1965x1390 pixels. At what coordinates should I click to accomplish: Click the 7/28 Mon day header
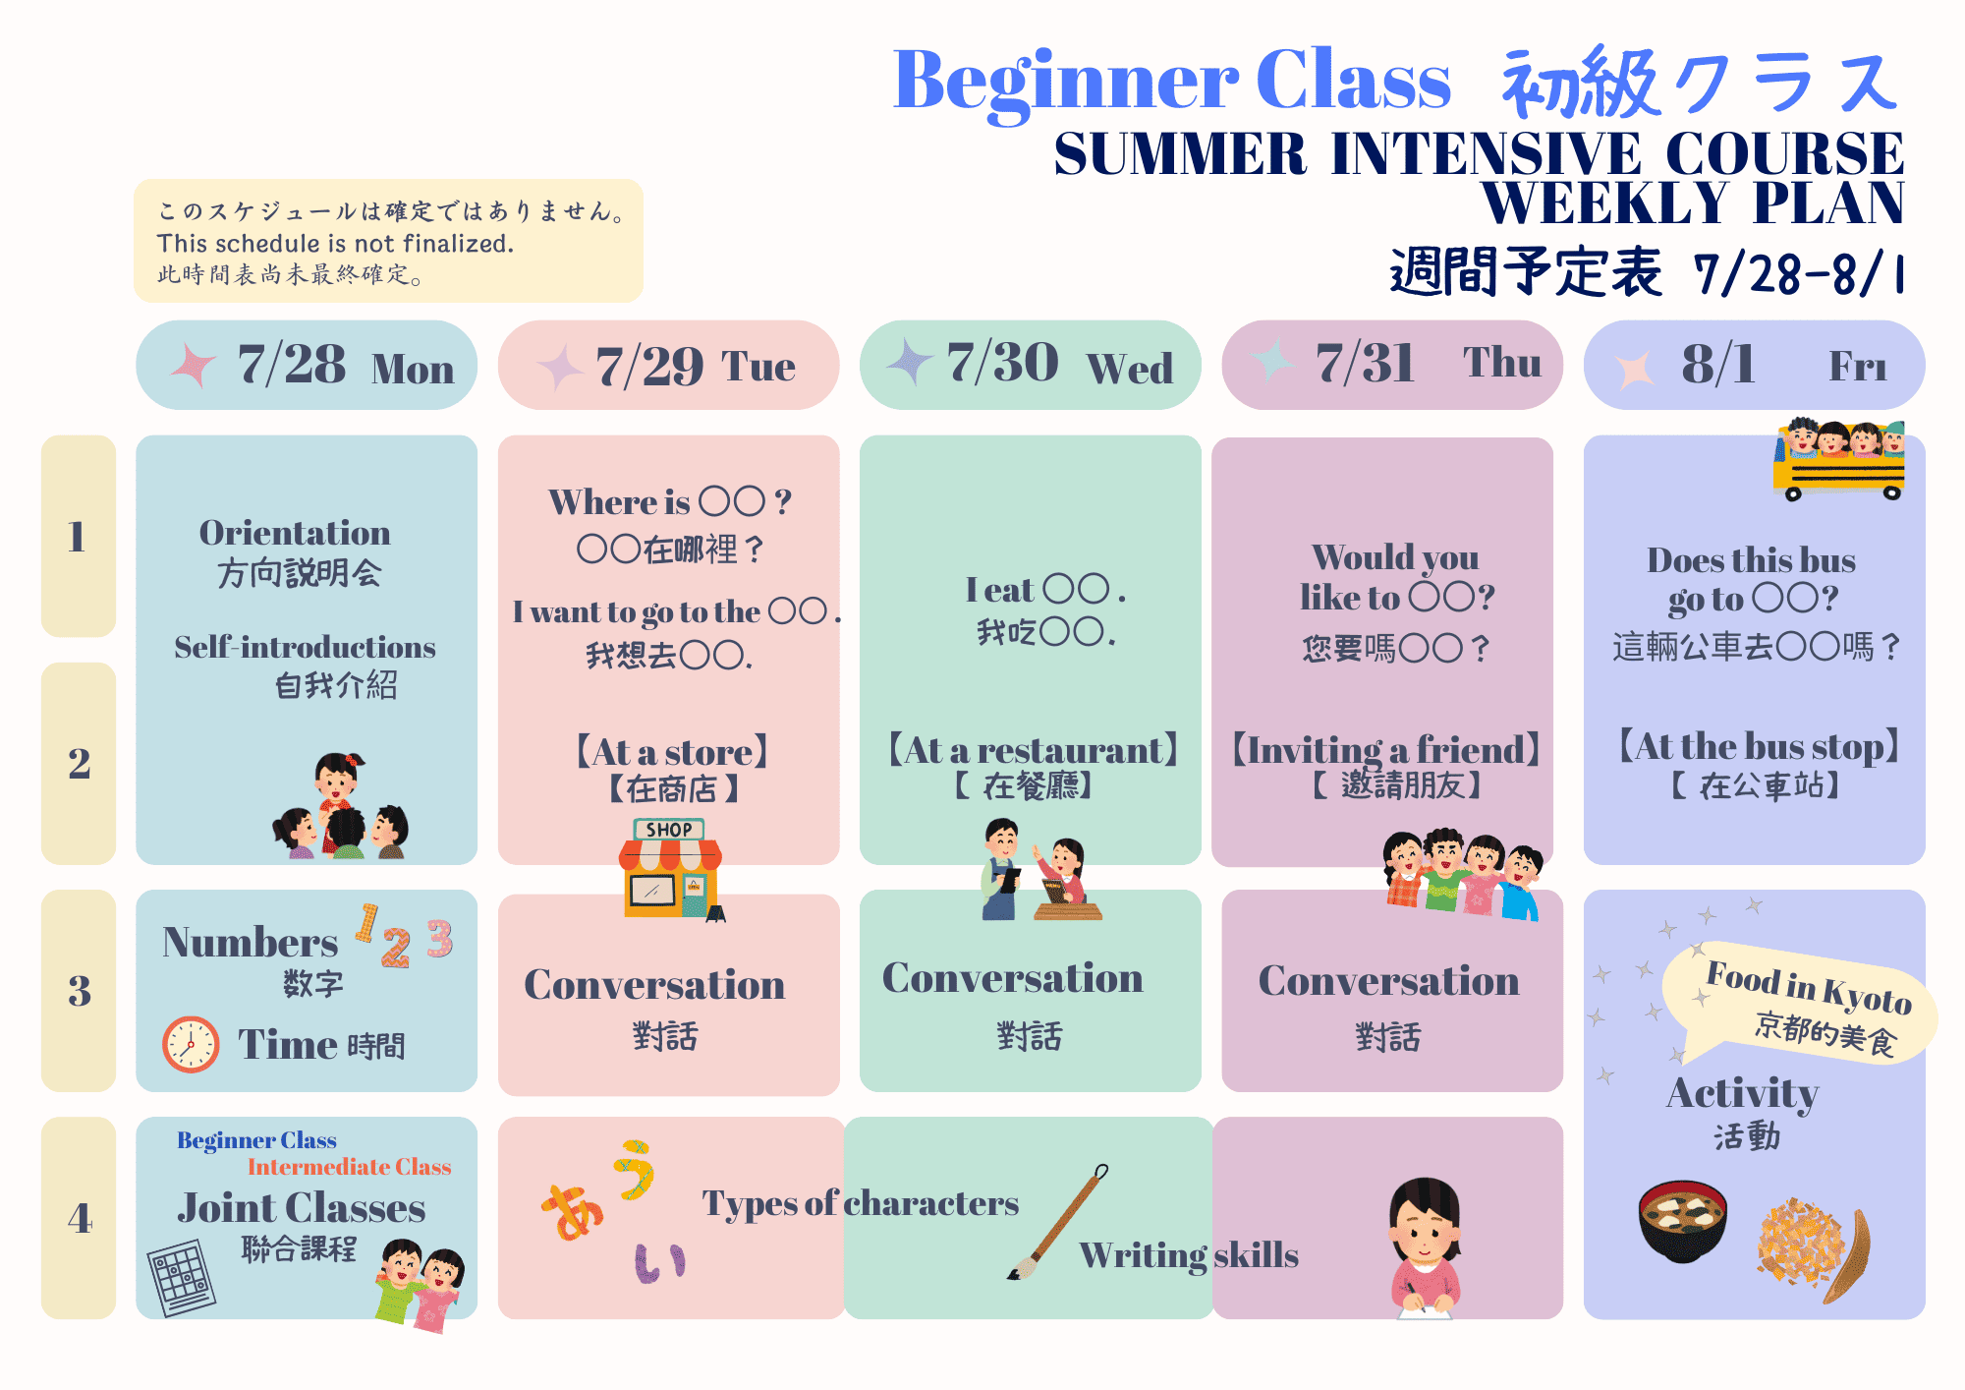pyautogui.click(x=307, y=365)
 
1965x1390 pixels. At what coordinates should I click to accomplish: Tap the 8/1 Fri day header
pyautogui.click(x=1754, y=365)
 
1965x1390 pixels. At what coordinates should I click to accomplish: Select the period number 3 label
pyautogui.click(x=79, y=991)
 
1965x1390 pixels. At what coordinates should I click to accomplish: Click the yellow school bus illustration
pyautogui.click(x=1839, y=460)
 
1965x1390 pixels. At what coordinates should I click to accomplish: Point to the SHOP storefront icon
pyautogui.click(x=671, y=869)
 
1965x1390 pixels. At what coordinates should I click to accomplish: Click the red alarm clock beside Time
pyautogui.click(x=191, y=1043)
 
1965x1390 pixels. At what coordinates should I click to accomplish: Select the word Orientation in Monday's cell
pyautogui.click(x=295, y=533)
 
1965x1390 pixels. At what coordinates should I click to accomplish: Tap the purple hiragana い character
pyautogui.click(x=659, y=1263)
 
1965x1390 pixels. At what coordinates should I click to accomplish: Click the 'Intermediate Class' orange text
pyautogui.click(x=349, y=1167)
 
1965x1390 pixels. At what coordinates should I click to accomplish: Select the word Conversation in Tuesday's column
pyautogui.click(x=654, y=985)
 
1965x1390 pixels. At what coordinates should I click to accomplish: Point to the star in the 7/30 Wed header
pyautogui.click(x=911, y=361)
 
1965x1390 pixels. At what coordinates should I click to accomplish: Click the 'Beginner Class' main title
pyautogui.click(x=1171, y=81)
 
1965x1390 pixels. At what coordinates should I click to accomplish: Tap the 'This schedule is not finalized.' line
pyautogui.click(x=335, y=244)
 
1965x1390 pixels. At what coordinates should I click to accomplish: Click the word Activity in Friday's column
pyautogui.click(x=1742, y=1094)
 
